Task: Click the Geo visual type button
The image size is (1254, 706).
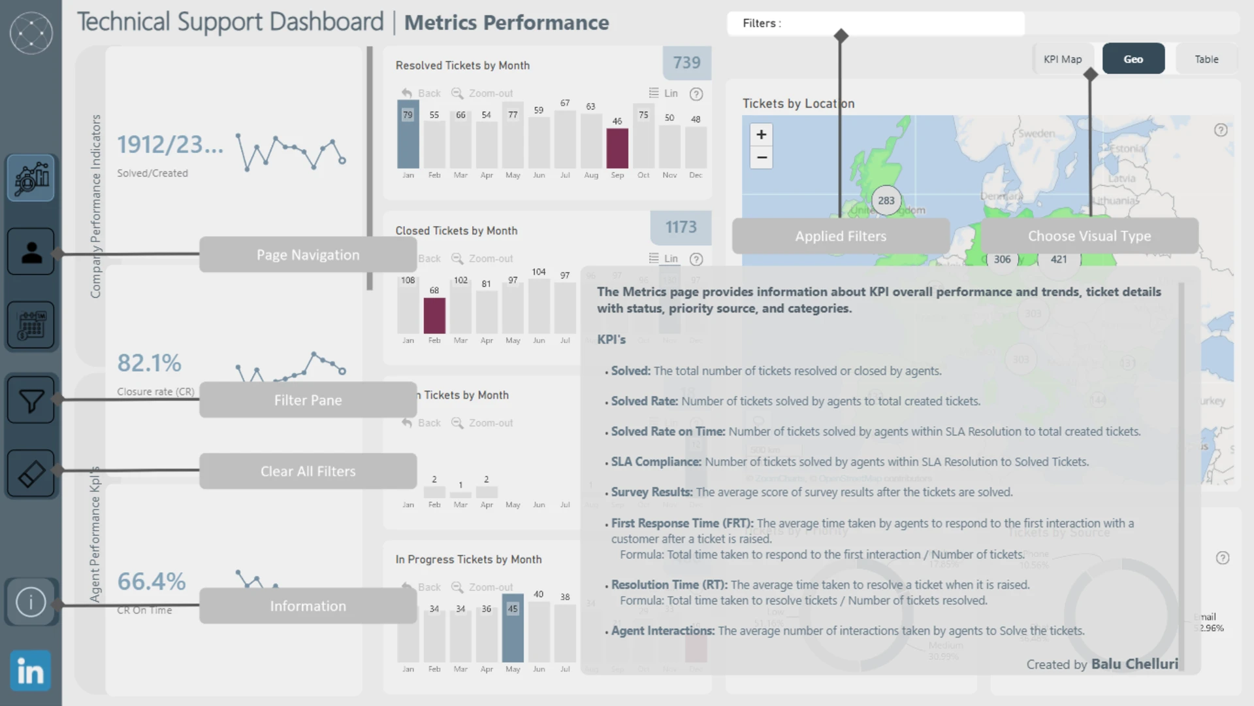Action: click(1133, 59)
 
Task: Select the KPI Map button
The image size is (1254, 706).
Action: click(1063, 59)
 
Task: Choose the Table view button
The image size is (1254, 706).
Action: click(1206, 59)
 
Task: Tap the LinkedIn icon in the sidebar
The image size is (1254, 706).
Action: click(31, 671)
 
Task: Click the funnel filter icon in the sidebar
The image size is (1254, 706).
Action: click(31, 400)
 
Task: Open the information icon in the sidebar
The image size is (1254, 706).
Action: click(31, 602)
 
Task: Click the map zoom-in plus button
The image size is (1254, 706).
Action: click(761, 135)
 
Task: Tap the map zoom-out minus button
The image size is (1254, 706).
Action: click(761, 158)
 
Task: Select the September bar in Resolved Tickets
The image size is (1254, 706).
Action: click(617, 148)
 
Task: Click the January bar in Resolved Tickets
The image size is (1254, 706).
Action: click(408, 135)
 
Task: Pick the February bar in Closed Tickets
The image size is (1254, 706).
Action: click(434, 315)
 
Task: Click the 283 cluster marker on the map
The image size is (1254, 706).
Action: click(886, 201)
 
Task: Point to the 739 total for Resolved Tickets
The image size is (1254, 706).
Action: click(686, 63)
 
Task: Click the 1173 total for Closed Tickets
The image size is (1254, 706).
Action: click(681, 227)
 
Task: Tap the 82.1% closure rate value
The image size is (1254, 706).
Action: click(150, 363)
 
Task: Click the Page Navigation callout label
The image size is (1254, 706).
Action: click(308, 255)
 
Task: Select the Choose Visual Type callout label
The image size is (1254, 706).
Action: click(1089, 236)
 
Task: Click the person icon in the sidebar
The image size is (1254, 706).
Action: click(31, 252)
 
